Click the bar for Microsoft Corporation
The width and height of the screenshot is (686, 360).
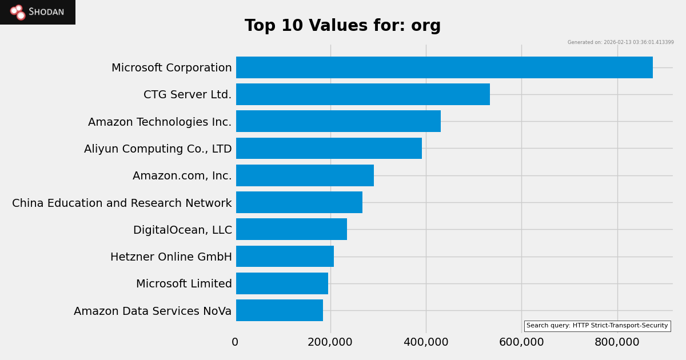click(444, 67)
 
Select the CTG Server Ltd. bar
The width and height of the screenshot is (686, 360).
click(363, 94)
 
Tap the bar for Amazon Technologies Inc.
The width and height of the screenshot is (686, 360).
click(338, 121)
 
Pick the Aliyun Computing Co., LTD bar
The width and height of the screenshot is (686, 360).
click(329, 149)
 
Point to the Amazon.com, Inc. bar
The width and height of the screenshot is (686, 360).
click(305, 175)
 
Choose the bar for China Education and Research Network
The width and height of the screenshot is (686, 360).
click(299, 202)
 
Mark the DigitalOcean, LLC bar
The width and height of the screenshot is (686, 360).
click(292, 229)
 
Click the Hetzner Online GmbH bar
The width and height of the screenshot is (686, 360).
click(285, 257)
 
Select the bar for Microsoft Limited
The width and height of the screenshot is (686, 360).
click(282, 283)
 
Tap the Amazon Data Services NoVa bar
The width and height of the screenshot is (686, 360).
click(280, 310)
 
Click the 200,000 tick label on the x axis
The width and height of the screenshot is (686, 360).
click(330, 342)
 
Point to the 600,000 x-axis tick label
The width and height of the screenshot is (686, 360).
click(521, 342)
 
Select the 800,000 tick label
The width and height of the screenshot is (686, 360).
click(617, 342)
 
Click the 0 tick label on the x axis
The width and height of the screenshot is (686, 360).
click(235, 342)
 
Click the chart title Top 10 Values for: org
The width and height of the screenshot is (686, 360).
click(343, 26)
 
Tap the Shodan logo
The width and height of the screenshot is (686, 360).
click(38, 12)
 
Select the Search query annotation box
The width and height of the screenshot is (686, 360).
click(597, 326)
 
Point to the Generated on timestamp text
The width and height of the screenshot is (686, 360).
click(620, 42)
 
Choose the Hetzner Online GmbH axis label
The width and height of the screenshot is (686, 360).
click(171, 257)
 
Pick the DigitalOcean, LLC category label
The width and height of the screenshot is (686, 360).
click(182, 230)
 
